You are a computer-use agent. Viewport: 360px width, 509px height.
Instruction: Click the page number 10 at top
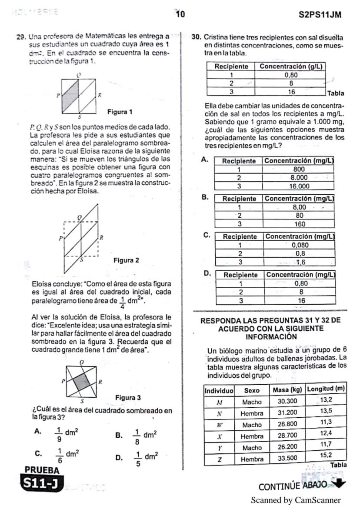click(x=180, y=14)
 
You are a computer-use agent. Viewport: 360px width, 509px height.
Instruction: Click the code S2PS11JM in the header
click(x=320, y=15)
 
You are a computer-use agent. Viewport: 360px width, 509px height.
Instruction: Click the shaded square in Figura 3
click(x=81, y=383)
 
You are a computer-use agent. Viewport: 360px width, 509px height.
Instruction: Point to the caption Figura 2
click(x=126, y=260)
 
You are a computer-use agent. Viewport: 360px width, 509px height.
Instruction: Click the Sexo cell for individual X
click(x=252, y=436)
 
